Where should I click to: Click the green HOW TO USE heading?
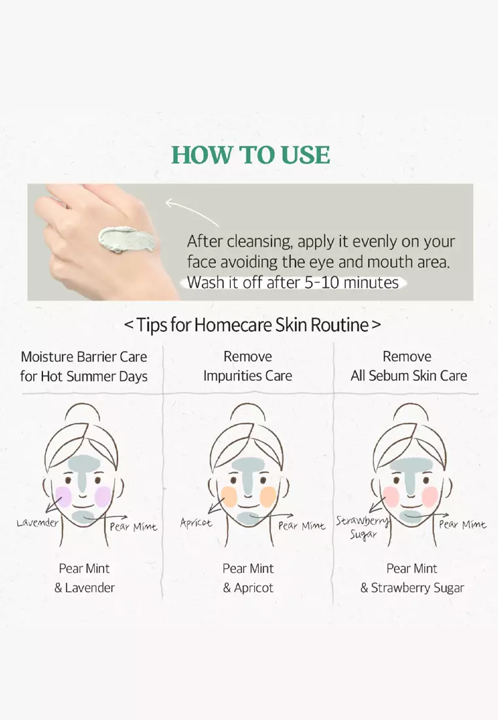click(250, 154)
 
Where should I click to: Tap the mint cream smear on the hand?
click(125, 238)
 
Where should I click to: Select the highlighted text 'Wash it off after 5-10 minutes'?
click(293, 283)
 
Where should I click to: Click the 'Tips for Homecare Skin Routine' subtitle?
click(252, 325)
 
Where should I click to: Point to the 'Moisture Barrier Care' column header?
click(84, 357)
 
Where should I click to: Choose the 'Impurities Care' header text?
click(248, 376)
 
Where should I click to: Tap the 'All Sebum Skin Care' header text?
click(408, 376)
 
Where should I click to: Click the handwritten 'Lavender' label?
click(37, 522)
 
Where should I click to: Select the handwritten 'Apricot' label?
click(196, 523)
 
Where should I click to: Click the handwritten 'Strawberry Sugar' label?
click(361, 528)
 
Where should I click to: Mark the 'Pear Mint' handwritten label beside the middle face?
click(301, 526)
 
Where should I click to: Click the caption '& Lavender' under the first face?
click(84, 588)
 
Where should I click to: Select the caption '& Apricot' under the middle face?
click(248, 588)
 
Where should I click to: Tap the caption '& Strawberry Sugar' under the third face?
click(412, 588)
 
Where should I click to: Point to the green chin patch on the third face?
click(411, 518)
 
